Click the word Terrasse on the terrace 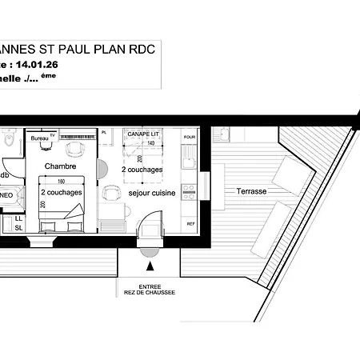pos(250,192)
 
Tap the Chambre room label pos(60,166)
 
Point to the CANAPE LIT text pos(142,134)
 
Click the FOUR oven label pos(190,138)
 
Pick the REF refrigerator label pos(190,224)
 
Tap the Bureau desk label pos(38,138)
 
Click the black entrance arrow pos(150,254)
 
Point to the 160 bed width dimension pos(62,182)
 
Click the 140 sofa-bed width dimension pos(152,142)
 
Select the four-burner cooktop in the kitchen pos(190,191)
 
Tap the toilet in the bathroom pos(6,144)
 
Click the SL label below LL pos(18,228)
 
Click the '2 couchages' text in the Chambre pos(61,193)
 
